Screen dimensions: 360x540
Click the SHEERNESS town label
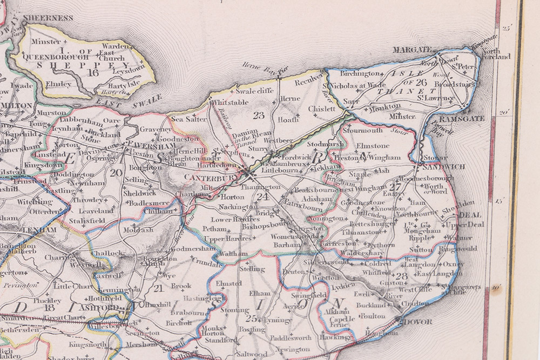coord(49,18)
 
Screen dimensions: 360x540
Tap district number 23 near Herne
coord(259,114)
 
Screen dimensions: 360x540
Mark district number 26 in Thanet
coord(421,82)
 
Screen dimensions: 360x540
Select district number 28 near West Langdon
coord(401,277)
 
